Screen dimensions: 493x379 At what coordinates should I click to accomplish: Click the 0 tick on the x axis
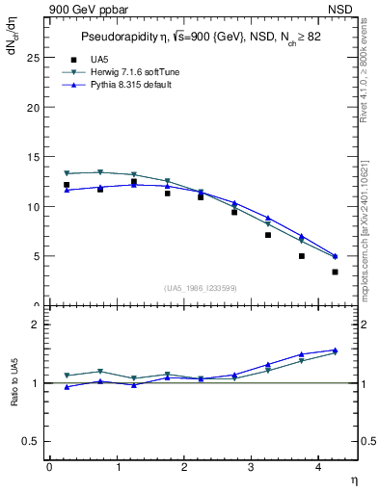[49, 467]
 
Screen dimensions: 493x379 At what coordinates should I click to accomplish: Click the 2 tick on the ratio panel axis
[35, 324]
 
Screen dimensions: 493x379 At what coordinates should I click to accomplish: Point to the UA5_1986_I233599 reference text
[201, 289]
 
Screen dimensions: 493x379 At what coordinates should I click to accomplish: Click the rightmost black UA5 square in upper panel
[335, 272]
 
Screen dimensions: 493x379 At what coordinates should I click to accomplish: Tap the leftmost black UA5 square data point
[67, 185]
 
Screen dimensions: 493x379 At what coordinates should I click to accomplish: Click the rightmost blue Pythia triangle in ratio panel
[335, 350]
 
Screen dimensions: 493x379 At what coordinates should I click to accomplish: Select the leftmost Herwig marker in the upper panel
[67, 173]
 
